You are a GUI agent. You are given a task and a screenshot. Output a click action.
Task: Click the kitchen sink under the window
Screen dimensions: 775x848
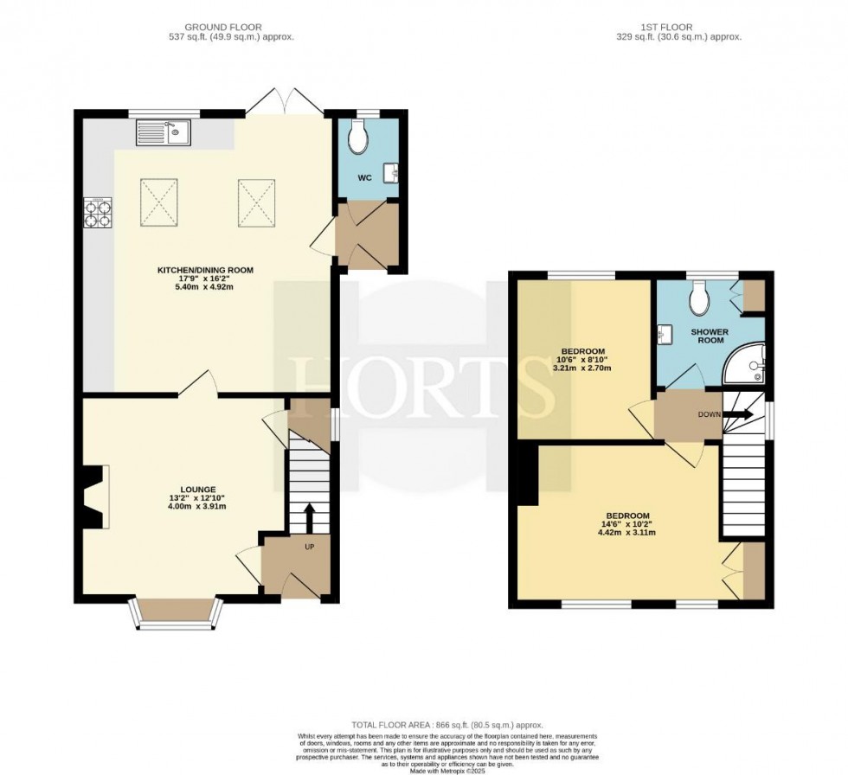(163, 133)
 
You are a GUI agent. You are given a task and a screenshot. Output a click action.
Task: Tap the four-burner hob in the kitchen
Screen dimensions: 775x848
(97, 212)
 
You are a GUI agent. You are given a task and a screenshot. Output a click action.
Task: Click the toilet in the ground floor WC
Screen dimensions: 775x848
(359, 136)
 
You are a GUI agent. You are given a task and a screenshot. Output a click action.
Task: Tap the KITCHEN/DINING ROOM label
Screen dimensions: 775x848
(205, 270)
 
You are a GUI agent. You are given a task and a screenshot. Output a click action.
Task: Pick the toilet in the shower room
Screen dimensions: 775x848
(699, 299)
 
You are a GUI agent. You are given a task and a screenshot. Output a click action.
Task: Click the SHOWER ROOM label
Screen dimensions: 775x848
(709, 336)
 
